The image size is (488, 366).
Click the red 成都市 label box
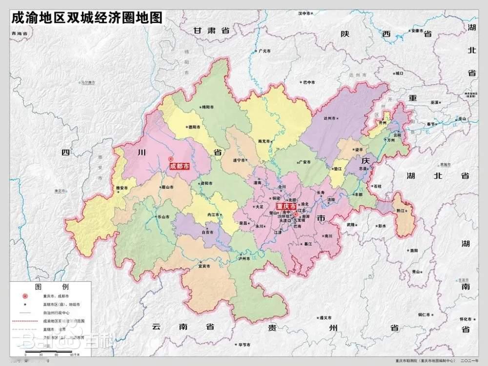pos(180,166)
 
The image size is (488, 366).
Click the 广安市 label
pos(304,162)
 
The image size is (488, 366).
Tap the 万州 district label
pos(390,140)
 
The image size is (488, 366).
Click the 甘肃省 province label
pos(211,30)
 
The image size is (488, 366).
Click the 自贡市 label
pos(209,233)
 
